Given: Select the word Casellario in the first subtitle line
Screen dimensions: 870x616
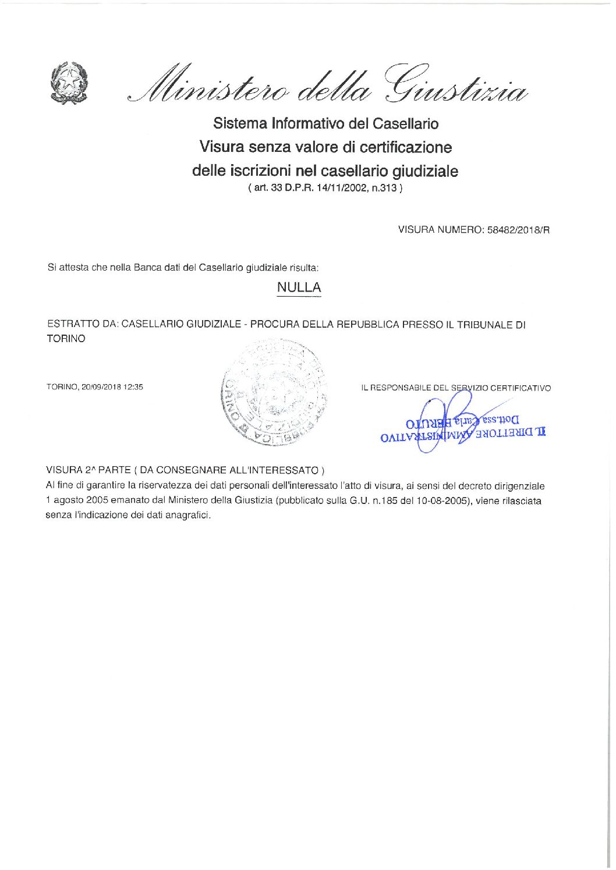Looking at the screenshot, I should pos(405,123).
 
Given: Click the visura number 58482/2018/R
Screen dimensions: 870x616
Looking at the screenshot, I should pos(518,230).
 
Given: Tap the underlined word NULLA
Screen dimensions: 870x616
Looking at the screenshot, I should pos(299,287).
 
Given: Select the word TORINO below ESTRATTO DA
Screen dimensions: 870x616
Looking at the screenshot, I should pos(66,339).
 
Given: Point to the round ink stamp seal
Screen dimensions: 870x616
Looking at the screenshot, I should pos(274,394).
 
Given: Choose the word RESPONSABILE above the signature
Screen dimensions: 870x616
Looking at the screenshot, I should pos(402,388).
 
